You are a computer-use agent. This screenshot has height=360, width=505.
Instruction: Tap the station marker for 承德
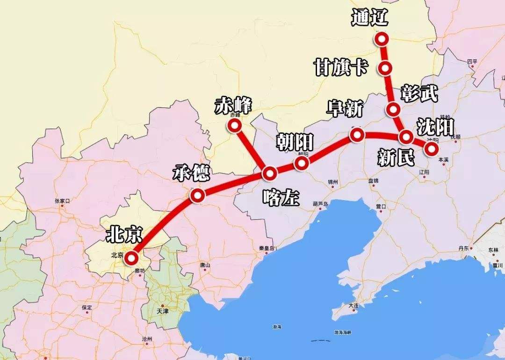tap(197, 195)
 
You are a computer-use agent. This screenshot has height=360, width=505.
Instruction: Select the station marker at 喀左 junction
tap(270, 174)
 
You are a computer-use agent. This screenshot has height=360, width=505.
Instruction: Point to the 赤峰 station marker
tap(234, 125)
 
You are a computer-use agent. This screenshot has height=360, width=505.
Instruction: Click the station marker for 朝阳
tap(302, 163)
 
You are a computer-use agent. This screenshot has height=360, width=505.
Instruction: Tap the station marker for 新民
tap(405, 137)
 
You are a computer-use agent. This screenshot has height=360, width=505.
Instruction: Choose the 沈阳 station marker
tap(431, 148)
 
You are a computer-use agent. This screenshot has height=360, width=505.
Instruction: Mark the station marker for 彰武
tap(393, 110)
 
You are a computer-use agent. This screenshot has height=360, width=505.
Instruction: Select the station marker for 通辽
tap(382, 39)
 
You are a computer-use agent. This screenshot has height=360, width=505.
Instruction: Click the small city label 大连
tap(353, 306)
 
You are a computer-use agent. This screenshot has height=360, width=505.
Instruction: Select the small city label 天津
tap(162, 310)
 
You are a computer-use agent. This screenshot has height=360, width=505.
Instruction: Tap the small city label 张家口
tap(62, 202)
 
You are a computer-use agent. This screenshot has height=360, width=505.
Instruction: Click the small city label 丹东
tap(463, 249)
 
